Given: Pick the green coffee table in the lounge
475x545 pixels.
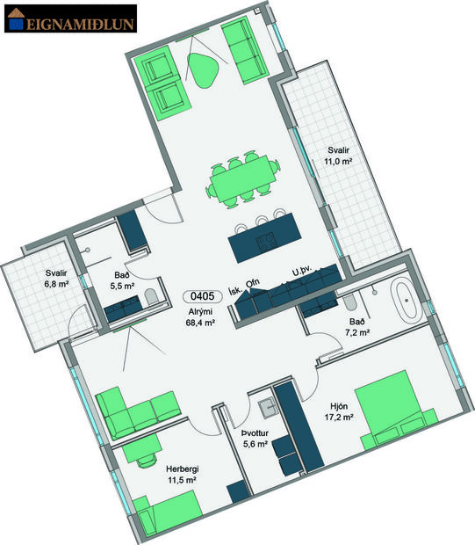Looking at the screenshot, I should click(x=204, y=69).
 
